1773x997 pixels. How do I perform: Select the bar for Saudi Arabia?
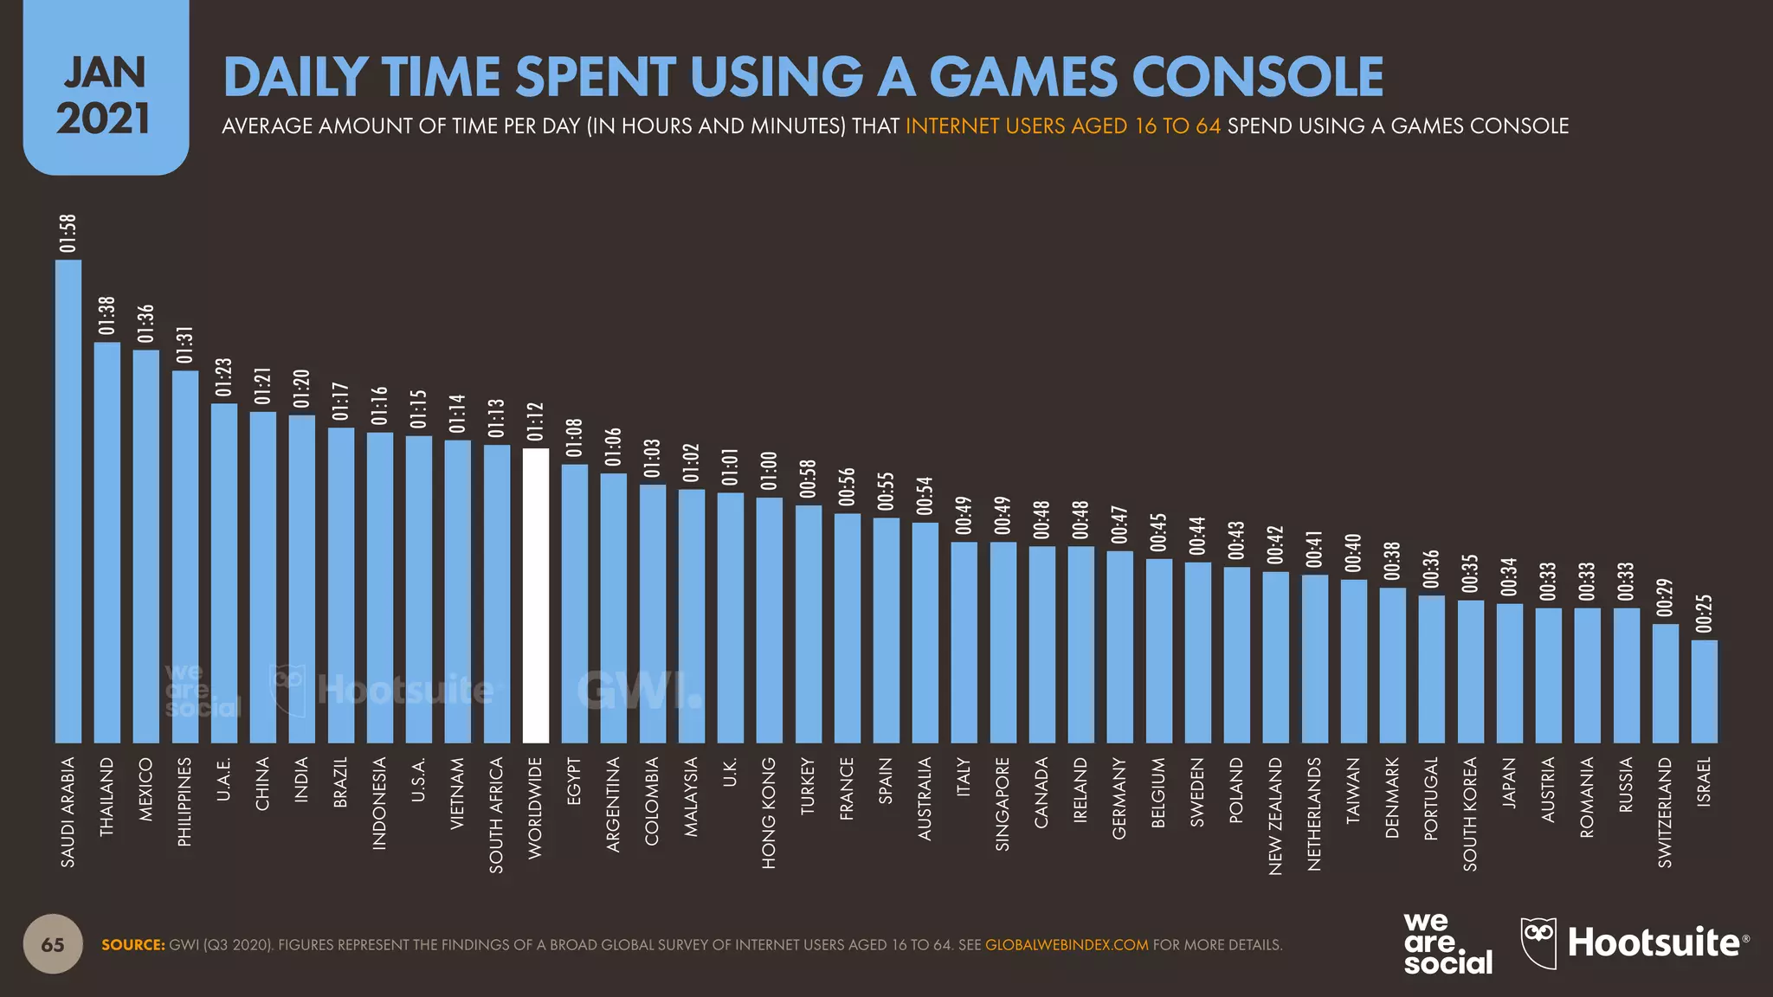click(68, 502)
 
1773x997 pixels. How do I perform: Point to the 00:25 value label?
click(1704, 614)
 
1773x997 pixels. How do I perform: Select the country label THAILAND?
click(106, 796)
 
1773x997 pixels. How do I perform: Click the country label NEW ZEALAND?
click(1275, 816)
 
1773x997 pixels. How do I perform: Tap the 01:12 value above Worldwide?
click(535, 421)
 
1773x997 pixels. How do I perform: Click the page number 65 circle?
click(53, 944)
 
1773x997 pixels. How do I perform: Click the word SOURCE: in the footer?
click(132, 945)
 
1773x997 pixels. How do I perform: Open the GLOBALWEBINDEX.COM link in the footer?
click(1067, 945)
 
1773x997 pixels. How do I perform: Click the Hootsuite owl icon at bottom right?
click(1538, 942)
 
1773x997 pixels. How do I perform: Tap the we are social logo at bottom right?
click(1447, 944)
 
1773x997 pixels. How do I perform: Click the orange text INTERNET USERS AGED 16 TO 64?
click(1062, 126)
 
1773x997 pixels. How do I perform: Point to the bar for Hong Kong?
click(769, 620)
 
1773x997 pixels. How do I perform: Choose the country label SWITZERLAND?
click(1665, 812)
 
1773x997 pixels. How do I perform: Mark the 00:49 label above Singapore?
click(1003, 516)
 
